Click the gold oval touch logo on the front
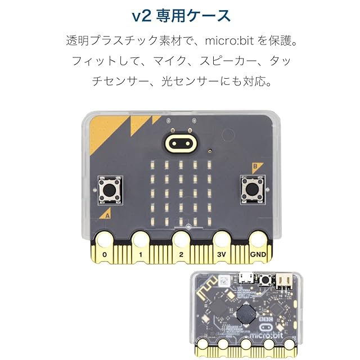point(180,143)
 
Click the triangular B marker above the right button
point(255,166)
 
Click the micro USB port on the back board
point(245,278)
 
